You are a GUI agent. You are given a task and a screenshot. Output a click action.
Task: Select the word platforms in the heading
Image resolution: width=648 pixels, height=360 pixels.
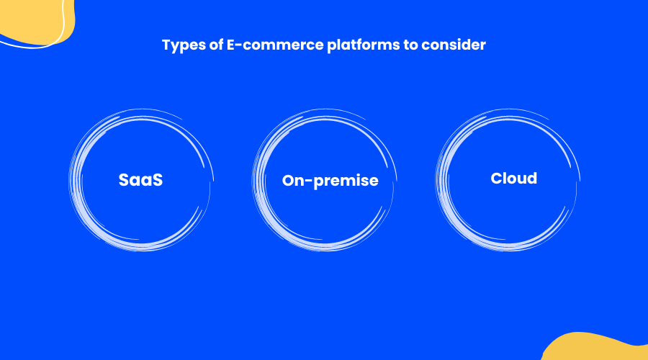click(x=364, y=45)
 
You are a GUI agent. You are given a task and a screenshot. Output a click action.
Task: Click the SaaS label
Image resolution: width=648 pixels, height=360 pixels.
click(x=140, y=180)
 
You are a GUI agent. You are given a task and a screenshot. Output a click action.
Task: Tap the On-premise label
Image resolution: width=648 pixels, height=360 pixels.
click(x=330, y=181)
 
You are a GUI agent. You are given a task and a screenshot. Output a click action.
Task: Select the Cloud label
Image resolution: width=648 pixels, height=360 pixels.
click(x=513, y=179)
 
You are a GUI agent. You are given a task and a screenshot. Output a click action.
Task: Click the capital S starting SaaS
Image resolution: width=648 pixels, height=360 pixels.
click(x=125, y=180)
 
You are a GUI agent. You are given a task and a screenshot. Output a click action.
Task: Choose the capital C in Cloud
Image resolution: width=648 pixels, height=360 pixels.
click(x=497, y=179)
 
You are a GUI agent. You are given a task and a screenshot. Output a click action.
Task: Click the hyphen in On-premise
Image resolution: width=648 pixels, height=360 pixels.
click(x=312, y=181)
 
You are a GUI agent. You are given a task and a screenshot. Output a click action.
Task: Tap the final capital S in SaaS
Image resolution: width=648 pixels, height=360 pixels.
click(x=157, y=180)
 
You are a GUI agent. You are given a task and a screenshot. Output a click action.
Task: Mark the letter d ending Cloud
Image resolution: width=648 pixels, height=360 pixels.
click(x=532, y=178)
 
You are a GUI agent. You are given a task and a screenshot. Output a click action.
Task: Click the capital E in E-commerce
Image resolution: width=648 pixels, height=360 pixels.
click(x=231, y=45)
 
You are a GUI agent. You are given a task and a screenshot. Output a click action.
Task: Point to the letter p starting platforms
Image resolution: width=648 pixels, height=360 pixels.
click(x=332, y=46)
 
